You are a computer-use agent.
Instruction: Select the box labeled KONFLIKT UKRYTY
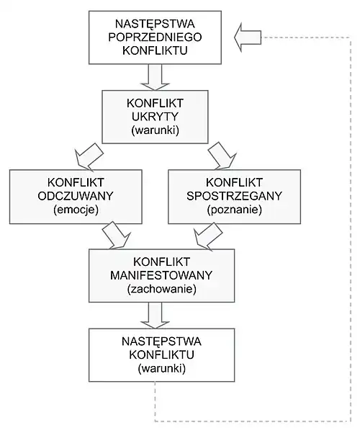[x=156, y=115]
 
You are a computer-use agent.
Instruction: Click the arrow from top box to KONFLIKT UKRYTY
[x=156, y=75]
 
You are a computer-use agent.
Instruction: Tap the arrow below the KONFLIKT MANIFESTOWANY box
[x=156, y=313]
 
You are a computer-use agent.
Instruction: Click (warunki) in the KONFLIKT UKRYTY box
[x=156, y=130]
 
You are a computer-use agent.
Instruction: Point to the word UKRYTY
[x=156, y=115]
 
